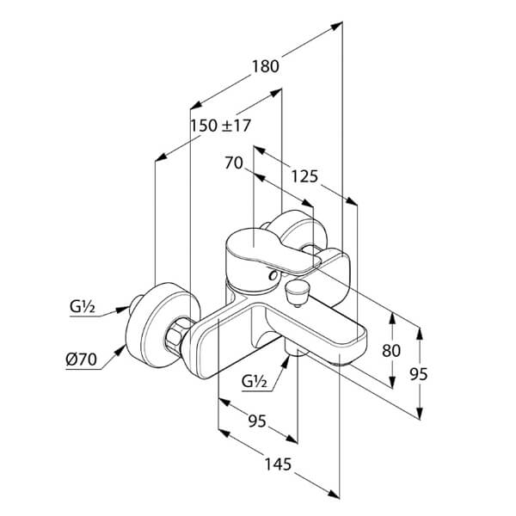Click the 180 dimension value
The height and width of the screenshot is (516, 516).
[265, 66]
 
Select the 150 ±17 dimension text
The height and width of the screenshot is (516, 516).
[221, 126]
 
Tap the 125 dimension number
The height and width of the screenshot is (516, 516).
[304, 176]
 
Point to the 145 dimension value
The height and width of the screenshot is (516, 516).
[278, 464]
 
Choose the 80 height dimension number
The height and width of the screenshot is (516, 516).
[391, 351]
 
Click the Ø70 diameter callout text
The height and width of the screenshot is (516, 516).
[82, 359]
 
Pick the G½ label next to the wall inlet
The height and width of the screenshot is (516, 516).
[83, 307]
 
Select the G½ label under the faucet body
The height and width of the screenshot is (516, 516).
[254, 382]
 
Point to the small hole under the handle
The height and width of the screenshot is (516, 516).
[273, 275]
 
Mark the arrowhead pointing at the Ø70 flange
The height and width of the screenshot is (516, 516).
[120, 351]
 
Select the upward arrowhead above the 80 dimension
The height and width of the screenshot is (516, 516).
[391, 319]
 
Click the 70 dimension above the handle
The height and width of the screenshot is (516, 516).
[234, 163]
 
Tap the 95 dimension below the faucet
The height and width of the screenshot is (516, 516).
[257, 421]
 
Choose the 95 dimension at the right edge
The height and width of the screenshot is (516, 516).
[419, 374]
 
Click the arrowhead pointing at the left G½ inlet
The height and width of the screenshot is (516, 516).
[124, 310]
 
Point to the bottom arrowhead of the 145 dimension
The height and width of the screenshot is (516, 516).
[333, 494]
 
